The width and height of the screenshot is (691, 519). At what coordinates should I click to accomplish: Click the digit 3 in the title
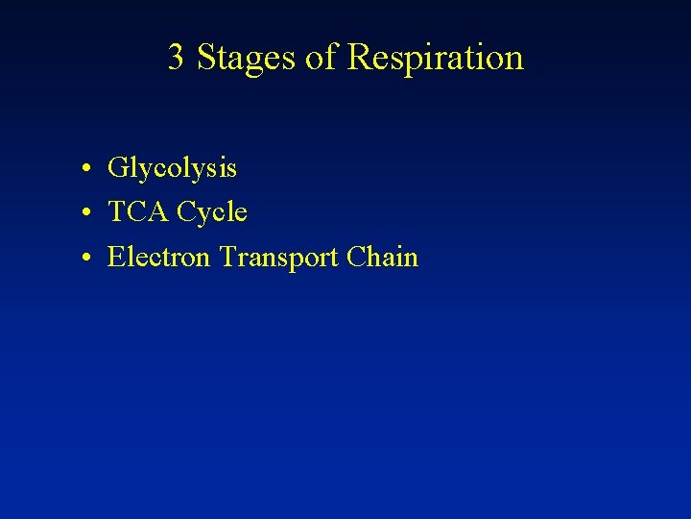[177, 58]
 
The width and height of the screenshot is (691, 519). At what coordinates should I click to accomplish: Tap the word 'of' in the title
[322, 58]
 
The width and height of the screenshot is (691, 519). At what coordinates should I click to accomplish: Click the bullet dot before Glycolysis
[86, 170]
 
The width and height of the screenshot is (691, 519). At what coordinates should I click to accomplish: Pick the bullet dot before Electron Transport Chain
[86, 259]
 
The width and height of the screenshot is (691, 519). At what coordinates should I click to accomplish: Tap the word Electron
[159, 257]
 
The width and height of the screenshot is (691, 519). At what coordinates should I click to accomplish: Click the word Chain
[382, 257]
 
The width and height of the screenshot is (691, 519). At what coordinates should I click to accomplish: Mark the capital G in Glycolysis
[117, 168]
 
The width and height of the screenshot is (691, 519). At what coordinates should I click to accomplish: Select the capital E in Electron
[115, 257]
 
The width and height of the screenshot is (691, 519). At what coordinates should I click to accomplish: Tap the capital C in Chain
[354, 257]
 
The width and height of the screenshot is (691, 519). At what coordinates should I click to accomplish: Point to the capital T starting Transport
[226, 257]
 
